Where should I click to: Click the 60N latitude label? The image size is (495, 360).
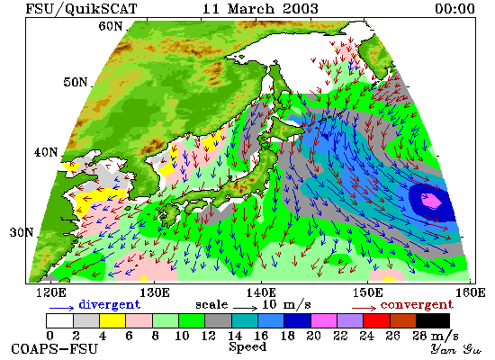pyautogui.click(x=110, y=26)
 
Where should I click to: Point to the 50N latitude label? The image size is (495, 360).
pyautogui.click(x=75, y=82)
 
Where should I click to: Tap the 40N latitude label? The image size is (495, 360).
pyautogui.click(x=46, y=152)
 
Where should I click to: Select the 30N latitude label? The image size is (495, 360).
pyautogui.click(x=22, y=233)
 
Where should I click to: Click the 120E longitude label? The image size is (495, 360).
pyautogui.click(x=50, y=293)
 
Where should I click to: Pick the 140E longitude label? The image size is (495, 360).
pyautogui.click(x=261, y=293)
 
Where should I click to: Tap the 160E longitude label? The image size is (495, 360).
pyautogui.click(x=471, y=293)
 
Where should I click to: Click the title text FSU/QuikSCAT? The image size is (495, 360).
pyautogui.click(x=81, y=8)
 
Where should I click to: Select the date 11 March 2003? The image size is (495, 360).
pyautogui.click(x=260, y=8)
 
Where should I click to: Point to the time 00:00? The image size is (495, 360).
pyautogui.click(x=454, y=8)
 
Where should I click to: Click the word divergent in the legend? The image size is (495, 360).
pyautogui.click(x=109, y=304)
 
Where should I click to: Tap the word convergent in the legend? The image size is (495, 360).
pyautogui.click(x=417, y=305)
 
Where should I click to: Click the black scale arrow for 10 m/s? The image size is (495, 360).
pyautogui.click(x=246, y=307)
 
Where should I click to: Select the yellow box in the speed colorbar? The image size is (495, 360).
pyautogui.click(x=112, y=320)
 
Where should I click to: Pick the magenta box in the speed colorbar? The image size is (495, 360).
pyautogui.click(x=324, y=320)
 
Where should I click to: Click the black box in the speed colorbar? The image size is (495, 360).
pyautogui.click(x=433, y=320)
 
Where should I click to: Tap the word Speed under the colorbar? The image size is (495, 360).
pyautogui.click(x=247, y=346)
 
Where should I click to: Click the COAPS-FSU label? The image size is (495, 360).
pyautogui.click(x=55, y=349)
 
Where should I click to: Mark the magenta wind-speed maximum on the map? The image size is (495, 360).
pyautogui.click(x=431, y=201)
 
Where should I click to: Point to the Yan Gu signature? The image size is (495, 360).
pyautogui.click(x=456, y=349)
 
